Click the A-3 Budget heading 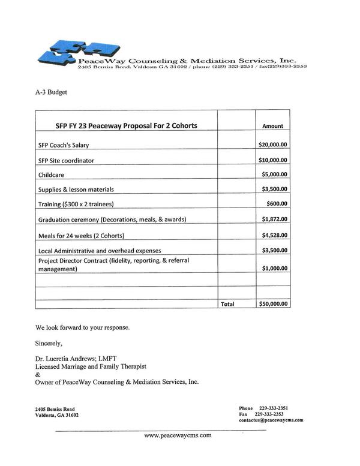(50, 93)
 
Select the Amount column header (273, 127)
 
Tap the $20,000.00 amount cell (273, 145)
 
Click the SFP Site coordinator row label (66, 161)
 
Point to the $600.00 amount (278, 204)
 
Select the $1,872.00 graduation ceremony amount (275, 219)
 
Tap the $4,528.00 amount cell (275, 234)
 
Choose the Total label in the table (227, 304)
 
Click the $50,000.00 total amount (273, 304)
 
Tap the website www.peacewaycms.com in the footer (178, 436)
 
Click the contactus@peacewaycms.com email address (271, 420)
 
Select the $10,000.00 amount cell (273, 160)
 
